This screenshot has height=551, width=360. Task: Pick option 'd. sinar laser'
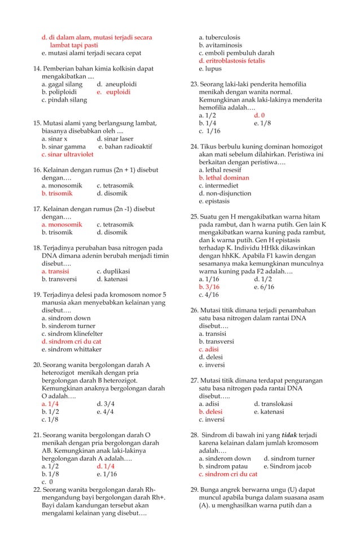coord(115,138)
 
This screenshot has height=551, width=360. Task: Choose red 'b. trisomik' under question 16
coord(57,193)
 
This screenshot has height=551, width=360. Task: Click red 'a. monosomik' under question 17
coord(62,224)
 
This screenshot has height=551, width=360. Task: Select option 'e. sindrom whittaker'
coord(71,349)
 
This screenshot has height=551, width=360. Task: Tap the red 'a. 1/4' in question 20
coord(50,404)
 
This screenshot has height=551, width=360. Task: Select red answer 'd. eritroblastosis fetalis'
coord(231,60)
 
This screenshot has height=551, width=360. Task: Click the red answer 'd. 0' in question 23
coord(259,115)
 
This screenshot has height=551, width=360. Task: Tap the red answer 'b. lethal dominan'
coord(223,177)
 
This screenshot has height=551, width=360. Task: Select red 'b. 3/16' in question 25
coord(208,287)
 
